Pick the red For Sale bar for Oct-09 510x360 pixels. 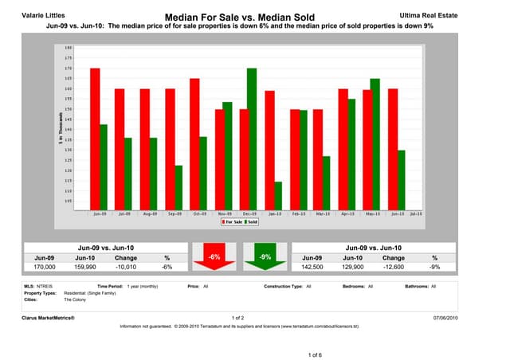coord(194,143)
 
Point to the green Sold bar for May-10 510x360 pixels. coord(376,143)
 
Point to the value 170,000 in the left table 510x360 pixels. coord(45,268)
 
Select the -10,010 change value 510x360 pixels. coord(126,268)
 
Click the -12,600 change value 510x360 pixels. coord(394,268)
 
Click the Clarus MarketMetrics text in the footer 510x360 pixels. coord(49,317)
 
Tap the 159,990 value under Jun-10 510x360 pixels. coord(85,268)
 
